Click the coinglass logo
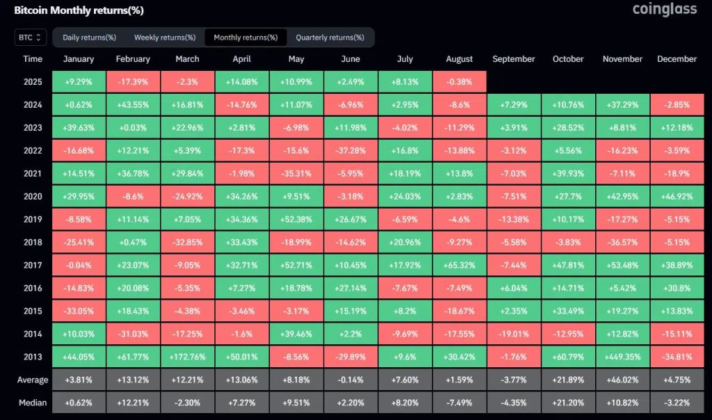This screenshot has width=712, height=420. point(664,10)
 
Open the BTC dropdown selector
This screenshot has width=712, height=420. point(31,37)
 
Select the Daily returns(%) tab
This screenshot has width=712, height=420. point(89,37)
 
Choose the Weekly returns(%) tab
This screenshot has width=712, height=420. point(165,37)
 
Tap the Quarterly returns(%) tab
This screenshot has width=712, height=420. point(330,37)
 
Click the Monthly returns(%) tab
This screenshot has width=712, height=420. point(245,37)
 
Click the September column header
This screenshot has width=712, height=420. point(513,59)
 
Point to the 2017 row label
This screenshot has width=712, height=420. point(33,265)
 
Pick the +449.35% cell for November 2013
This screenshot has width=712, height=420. point(622,357)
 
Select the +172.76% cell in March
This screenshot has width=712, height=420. point(187,357)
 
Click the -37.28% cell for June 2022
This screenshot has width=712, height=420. point(350,150)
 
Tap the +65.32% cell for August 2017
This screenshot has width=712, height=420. point(459,265)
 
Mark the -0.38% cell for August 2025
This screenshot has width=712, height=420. point(459,81)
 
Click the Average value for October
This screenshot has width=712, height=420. point(567,380)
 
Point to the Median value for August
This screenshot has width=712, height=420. point(459,403)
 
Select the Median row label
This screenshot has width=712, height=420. point(33,403)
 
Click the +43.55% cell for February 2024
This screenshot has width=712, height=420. point(133,104)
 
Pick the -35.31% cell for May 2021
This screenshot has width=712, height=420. point(296,173)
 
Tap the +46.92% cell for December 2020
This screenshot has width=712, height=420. point(677,196)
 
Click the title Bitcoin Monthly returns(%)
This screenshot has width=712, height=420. point(79,10)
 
